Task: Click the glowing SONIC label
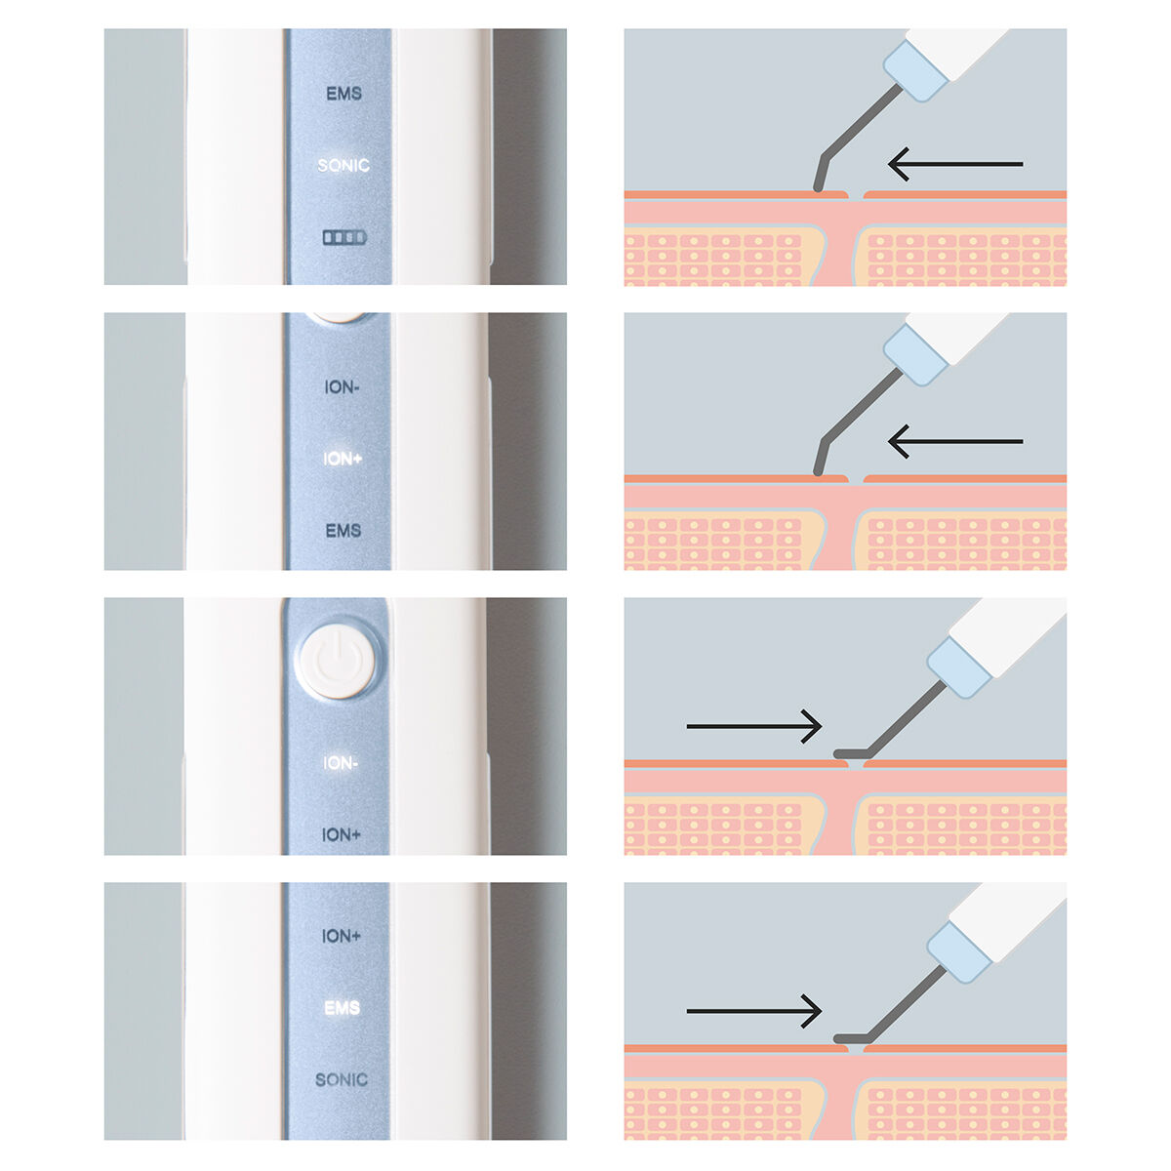[343, 165]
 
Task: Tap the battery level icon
[344, 237]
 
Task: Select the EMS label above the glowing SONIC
[343, 94]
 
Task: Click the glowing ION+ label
[343, 459]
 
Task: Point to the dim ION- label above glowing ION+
[342, 387]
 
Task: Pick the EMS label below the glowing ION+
[343, 531]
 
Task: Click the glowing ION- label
[341, 763]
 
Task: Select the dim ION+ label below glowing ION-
[341, 835]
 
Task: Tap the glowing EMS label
[343, 1008]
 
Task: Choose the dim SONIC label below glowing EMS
[342, 1080]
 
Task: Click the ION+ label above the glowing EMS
[341, 936]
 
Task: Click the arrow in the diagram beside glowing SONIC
[955, 164]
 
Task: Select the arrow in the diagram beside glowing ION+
[955, 441]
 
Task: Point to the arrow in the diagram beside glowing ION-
[754, 726]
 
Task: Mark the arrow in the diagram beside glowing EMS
[754, 1011]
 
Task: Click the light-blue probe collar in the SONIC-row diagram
[915, 70]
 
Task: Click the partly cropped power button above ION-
[338, 316]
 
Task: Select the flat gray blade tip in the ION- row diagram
[851, 753]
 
